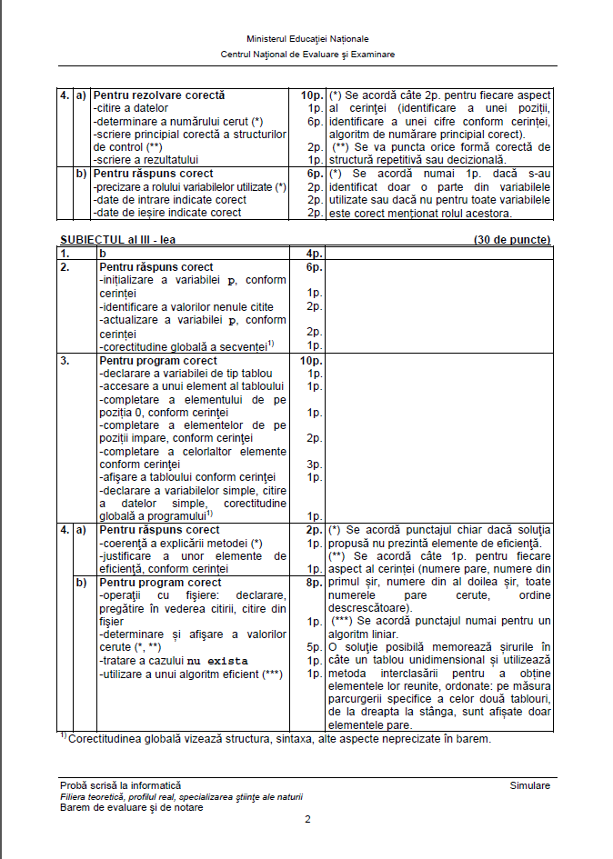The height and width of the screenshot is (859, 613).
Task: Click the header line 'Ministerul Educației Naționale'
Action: (x=307, y=40)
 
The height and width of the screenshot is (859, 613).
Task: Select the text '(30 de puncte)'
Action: (x=511, y=240)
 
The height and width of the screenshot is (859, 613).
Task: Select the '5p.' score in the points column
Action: (x=315, y=647)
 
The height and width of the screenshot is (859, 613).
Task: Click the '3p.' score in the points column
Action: (x=315, y=464)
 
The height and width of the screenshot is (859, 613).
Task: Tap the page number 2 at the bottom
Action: (x=307, y=819)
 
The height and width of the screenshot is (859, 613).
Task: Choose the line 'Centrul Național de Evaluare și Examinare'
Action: (x=307, y=55)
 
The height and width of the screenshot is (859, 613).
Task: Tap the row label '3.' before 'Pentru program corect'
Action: (x=65, y=361)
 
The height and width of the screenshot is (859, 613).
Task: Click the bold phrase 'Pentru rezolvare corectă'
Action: (x=159, y=95)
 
